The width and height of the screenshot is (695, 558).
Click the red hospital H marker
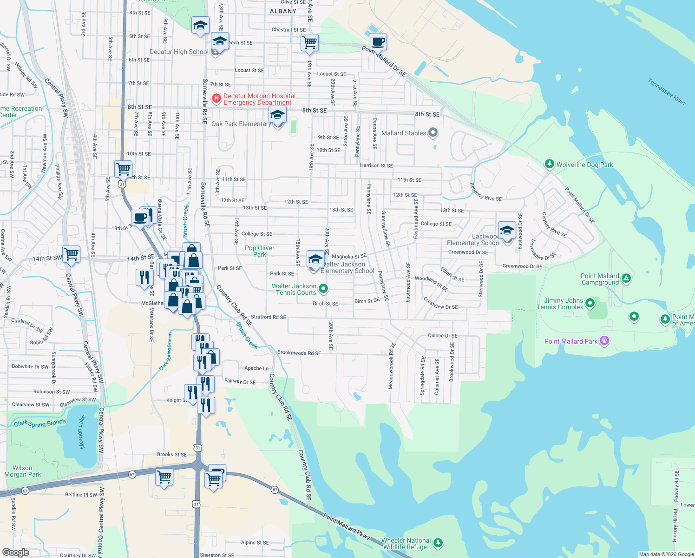(216, 98)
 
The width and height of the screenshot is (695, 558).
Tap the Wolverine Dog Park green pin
(550, 164)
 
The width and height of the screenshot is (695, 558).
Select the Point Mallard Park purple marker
(604, 341)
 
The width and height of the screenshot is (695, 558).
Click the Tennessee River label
(667, 91)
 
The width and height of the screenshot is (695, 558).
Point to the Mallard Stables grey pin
(433, 133)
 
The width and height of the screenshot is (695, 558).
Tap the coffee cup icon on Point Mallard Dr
(378, 42)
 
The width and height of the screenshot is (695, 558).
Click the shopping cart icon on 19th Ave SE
(309, 43)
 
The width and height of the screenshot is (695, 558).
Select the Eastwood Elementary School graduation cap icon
(507, 231)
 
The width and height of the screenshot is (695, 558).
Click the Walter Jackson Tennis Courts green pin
(323, 289)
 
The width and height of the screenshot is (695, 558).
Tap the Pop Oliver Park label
(260, 251)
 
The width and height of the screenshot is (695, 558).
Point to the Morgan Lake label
(82, 432)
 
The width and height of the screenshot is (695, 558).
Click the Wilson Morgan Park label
(22, 471)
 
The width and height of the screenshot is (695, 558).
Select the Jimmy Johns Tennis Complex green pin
(590, 303)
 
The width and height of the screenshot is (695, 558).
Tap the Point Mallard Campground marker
(626, 278)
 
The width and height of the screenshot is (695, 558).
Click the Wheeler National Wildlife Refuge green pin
(438, 542)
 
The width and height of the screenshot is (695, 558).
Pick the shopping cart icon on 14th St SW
(72, 254)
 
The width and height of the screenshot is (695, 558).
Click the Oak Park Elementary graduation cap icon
(277, 115)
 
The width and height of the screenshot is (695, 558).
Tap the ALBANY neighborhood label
(283, 11)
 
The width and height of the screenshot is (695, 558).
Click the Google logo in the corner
(16, 552)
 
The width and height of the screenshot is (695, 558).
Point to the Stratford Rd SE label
(269, 317)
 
